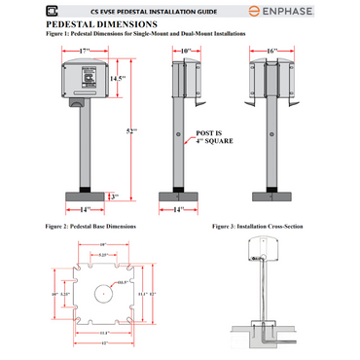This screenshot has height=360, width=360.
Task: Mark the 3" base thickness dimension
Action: click(114, 196)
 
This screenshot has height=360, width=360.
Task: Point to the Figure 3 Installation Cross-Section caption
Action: click(258, 226)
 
